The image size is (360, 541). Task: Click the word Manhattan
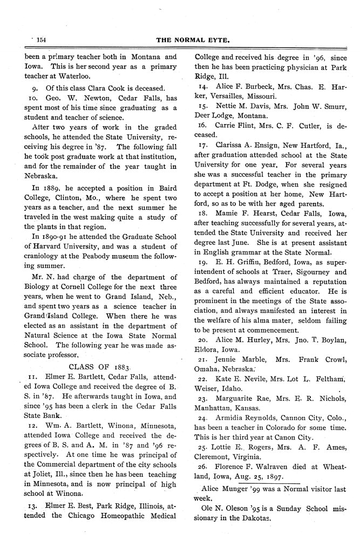tap(216, 409)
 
